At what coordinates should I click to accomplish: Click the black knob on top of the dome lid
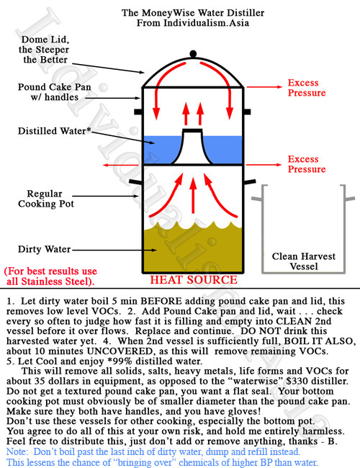click(x=193, y=54)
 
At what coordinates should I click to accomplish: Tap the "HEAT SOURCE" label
click(x=194, y=280)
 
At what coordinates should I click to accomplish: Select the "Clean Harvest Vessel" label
click(x=304, y=261)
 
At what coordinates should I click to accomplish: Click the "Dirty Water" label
click(x=44, y=249)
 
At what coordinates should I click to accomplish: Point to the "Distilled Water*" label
click(x=54, y=131)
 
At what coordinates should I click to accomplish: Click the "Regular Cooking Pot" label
click(x=45, y=199)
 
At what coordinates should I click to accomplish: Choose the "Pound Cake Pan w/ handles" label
click(x=54, y=92)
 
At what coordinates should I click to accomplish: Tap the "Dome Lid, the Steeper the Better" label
click(x=44, y=50)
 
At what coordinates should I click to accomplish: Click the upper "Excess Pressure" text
click(x=307, y=88)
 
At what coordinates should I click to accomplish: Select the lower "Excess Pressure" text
click(x=307, y=164)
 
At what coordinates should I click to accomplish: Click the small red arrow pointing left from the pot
click(x=120, y=165)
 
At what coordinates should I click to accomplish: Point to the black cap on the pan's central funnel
click(x=192, y=130)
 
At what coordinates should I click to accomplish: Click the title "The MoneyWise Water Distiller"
click(x=193, y=13)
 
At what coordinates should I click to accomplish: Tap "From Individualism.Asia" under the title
click(x=193, y=23)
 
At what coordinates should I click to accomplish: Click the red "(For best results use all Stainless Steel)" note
click(x=50, y=276)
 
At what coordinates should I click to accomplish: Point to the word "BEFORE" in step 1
click(x=163, y=301)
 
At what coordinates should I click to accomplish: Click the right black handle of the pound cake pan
click(x=248, y=112)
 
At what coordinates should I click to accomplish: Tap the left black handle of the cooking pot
click(x=135, y=181)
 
